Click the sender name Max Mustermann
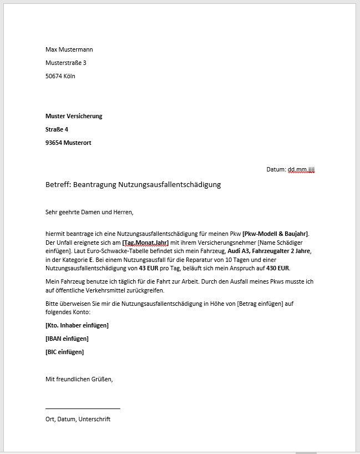click(69, 49)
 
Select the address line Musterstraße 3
click(65, 63)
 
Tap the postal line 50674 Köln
click(60, 76)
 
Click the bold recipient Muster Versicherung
click(74, 116)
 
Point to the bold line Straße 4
click(57, 129)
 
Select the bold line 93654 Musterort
click(68, 143)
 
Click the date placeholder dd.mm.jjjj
click(301, 169)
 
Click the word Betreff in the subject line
click(58, 184)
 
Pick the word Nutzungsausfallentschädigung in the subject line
click(169, 184)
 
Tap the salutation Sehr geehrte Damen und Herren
click(89, 211)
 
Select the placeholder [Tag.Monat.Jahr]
click(145, 243)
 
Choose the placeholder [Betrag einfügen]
click(265, 304)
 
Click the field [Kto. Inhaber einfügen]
click(77, 325)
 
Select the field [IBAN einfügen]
click(67, 338)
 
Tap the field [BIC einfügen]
click(64, 351)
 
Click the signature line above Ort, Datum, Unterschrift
click(83, 408)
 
